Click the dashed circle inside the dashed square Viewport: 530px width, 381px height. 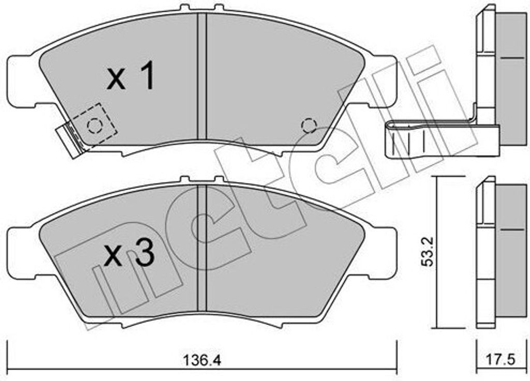[94, 126]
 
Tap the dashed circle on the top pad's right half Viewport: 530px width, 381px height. [309, 126]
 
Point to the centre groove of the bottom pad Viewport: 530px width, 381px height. [201, 248]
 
